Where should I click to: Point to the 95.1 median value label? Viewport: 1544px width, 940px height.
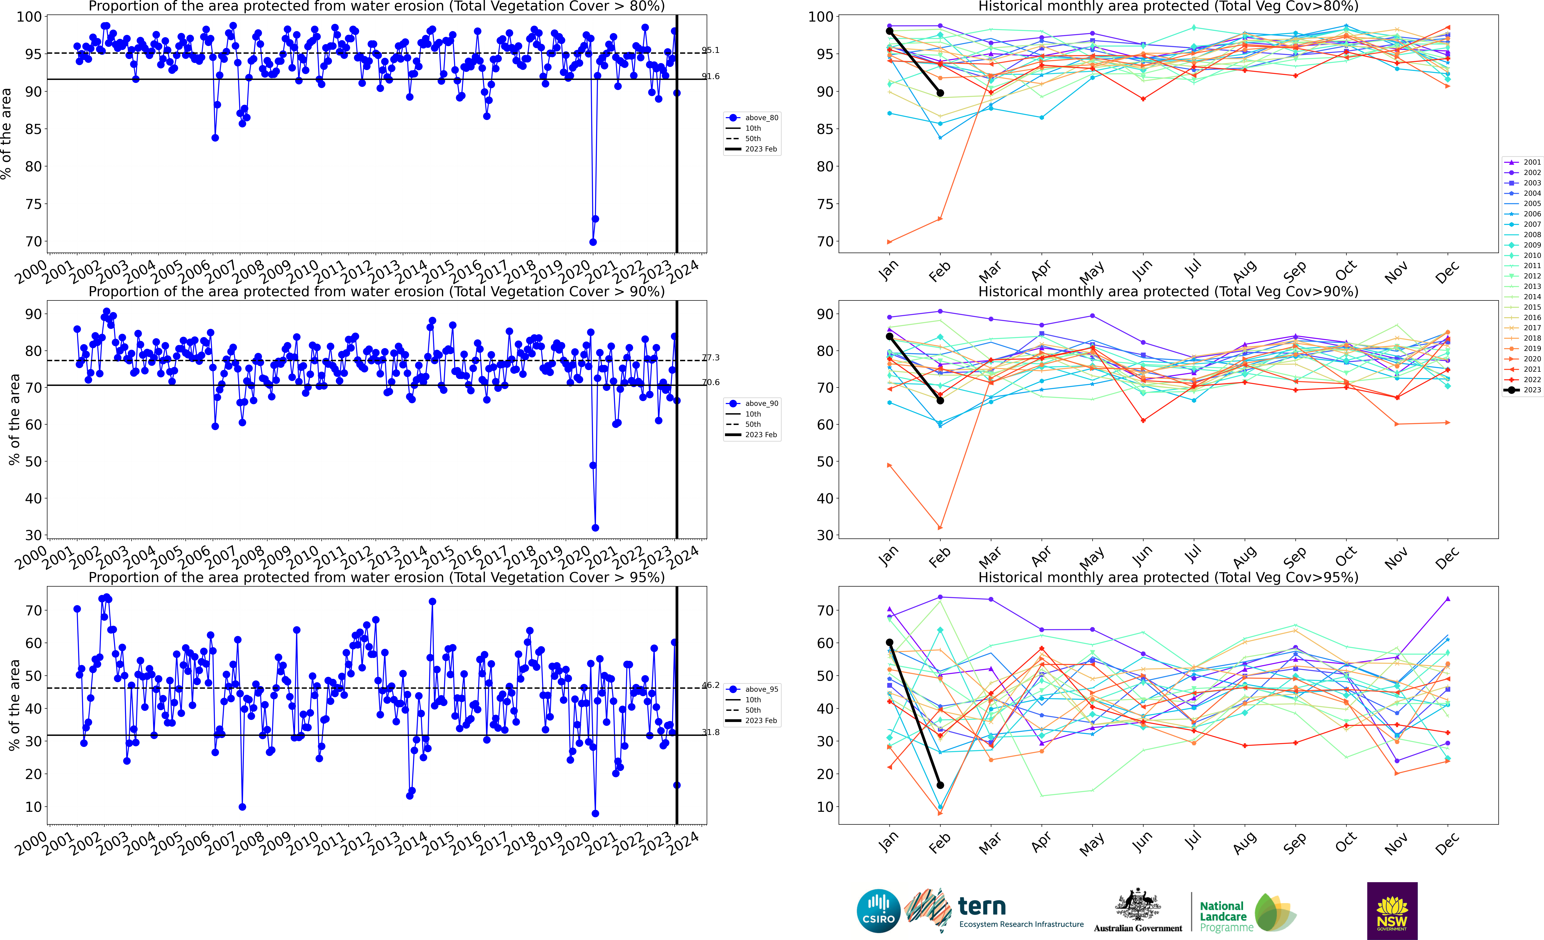711,50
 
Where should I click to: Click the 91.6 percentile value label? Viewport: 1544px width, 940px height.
711,76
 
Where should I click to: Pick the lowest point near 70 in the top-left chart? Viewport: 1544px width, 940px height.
593,242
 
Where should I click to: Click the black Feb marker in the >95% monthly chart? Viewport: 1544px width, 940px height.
940,785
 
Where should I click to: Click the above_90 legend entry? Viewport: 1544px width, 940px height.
761,404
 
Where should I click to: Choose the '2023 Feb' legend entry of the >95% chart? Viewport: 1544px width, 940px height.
761,721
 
